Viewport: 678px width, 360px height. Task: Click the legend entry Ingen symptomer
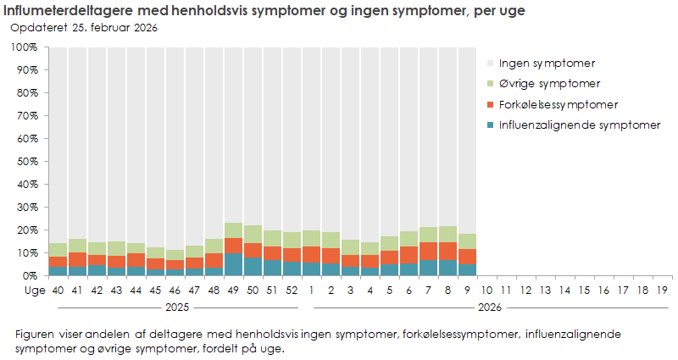(547, 63)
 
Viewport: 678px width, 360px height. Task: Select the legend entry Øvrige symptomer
(550, 83)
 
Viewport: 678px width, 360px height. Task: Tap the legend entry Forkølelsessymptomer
(558, 104)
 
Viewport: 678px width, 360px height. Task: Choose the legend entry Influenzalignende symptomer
(579, 125)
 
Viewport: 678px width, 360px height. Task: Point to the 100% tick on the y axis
(24, 47)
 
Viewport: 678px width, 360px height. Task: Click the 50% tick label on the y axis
(25, 161)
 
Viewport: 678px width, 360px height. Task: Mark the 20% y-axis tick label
(25, 230)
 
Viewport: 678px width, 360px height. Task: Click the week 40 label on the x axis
(58, 290)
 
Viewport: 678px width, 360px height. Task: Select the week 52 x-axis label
(292, 290)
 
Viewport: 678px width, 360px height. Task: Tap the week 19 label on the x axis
(662, 290)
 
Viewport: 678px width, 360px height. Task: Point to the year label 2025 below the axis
(175, 307)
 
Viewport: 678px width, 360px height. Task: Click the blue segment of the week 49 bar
(233, 264)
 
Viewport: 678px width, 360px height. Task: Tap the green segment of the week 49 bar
(233, 230)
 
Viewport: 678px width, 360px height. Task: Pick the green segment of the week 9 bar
(467, 241)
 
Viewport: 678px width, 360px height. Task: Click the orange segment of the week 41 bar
(77, 259)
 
